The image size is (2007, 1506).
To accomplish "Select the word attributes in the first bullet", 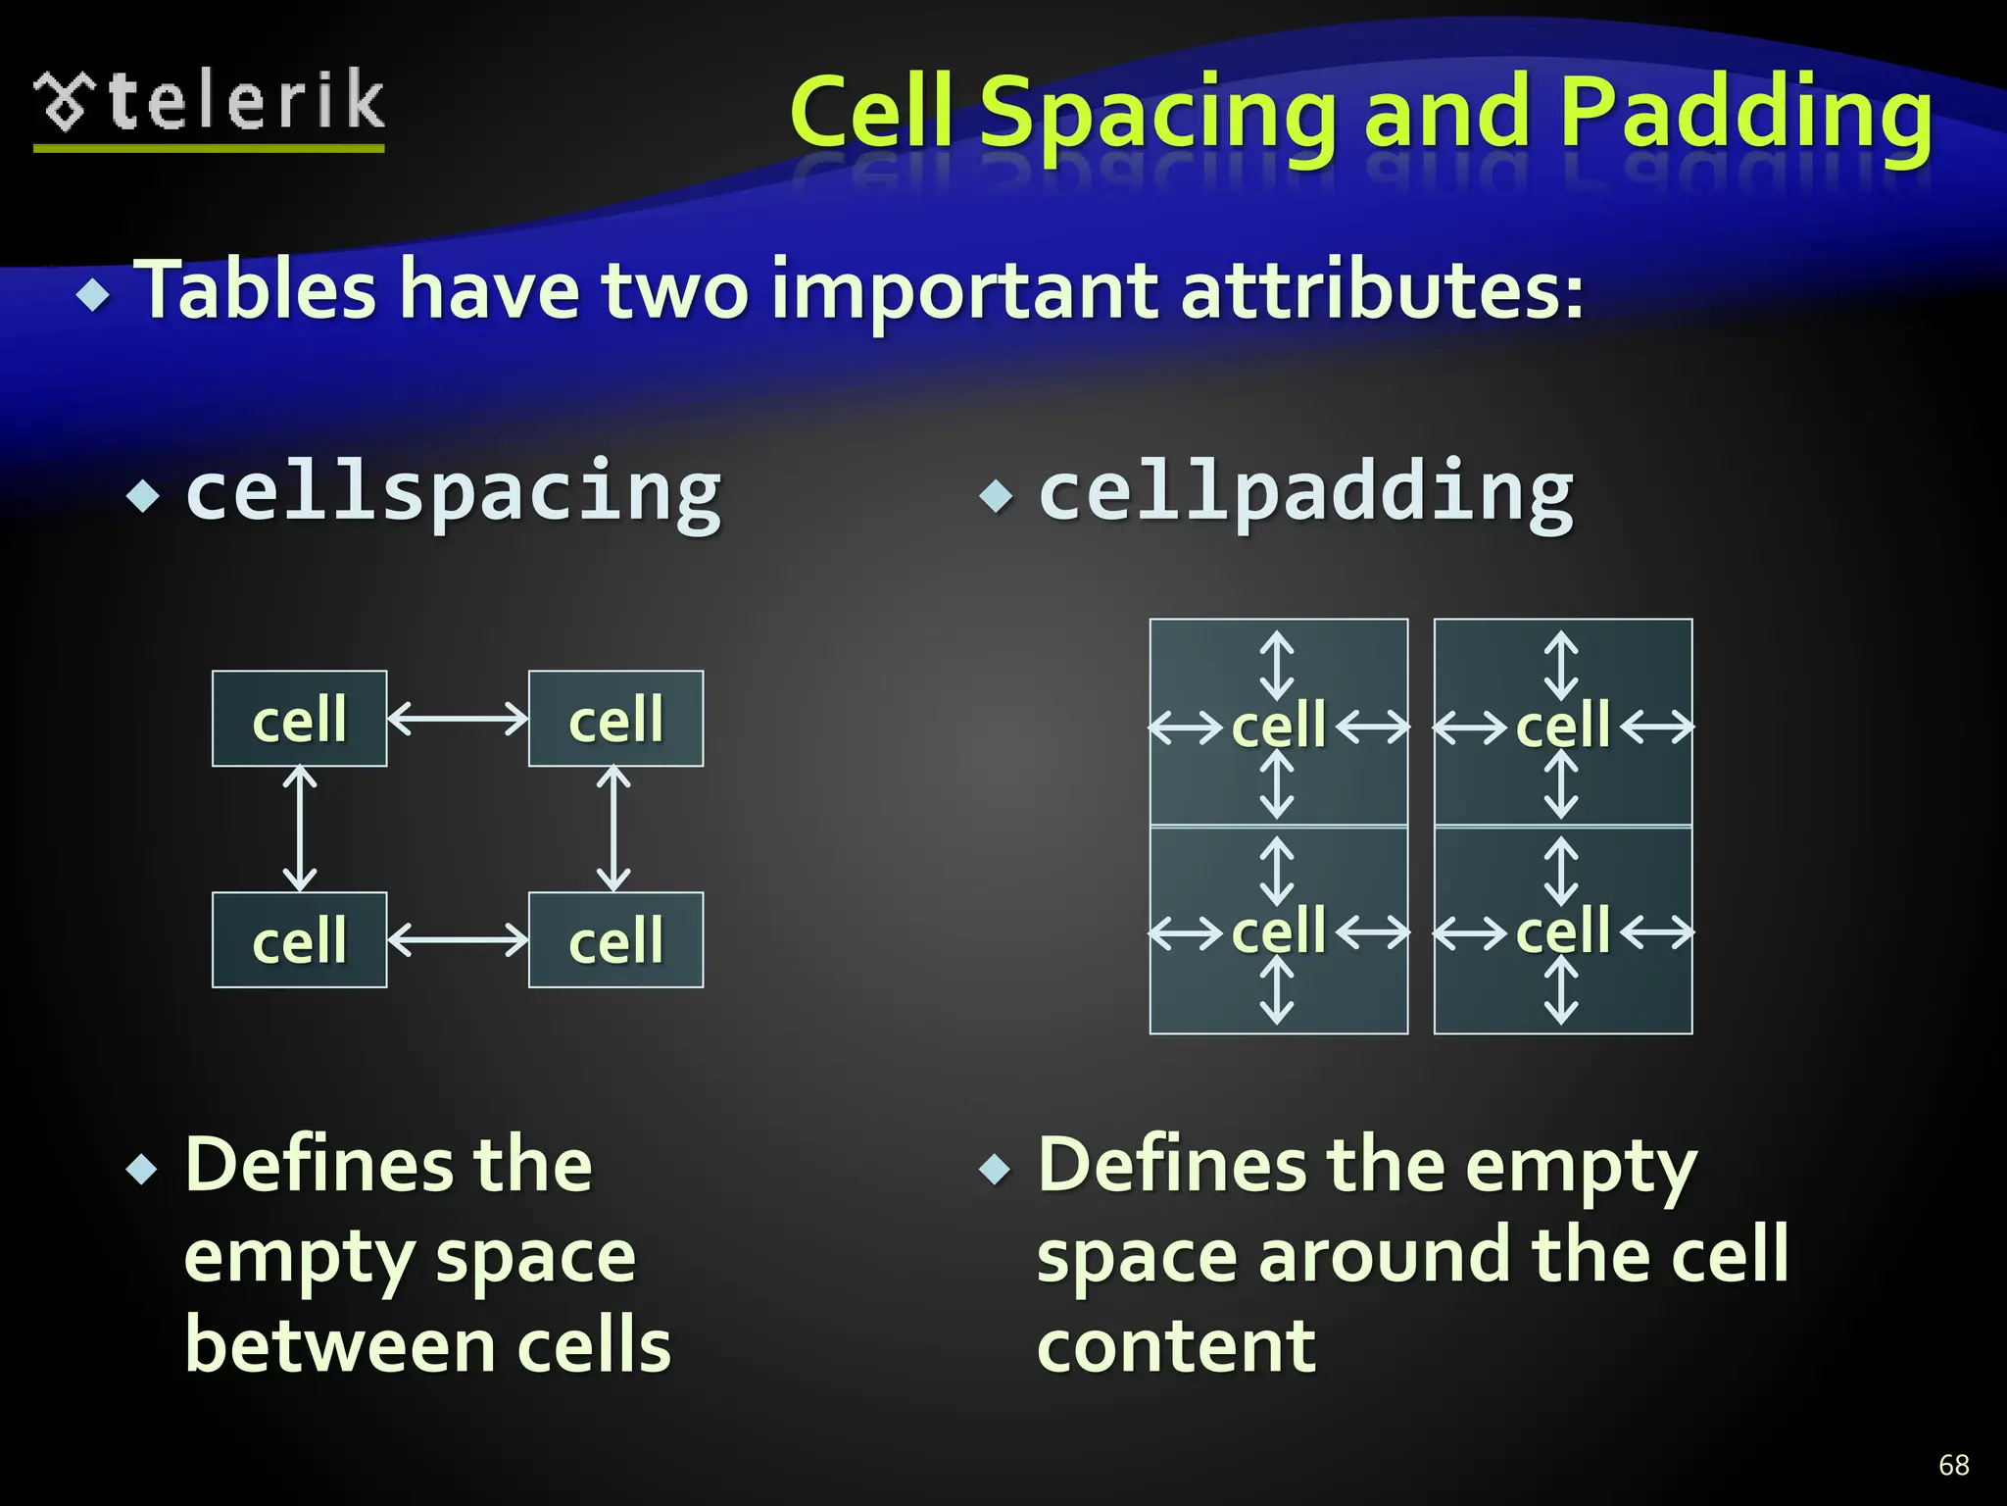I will pos(1382,290).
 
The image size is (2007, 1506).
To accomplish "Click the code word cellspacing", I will pos(453,492).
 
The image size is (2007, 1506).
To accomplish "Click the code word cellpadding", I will pos(1305,492).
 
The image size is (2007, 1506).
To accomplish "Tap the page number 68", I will pos(1953,1465).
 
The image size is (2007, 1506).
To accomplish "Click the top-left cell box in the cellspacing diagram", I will pos(299,719).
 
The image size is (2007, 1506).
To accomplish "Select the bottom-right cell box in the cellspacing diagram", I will pos(615,939).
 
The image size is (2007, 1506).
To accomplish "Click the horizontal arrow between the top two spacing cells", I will pos(458,719).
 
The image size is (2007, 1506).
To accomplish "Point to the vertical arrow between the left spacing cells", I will pos(300,828).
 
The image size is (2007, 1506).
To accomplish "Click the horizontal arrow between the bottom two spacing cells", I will pos(458,939).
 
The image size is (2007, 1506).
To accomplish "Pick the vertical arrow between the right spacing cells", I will pos(613,828).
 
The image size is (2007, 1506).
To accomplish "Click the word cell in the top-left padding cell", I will pos(1278,727).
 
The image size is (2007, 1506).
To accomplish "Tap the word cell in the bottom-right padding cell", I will pos(1562,930).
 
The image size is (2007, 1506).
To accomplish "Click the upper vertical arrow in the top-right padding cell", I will pos(1561,666).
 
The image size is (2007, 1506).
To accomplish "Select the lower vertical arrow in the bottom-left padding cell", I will pos(1277,990).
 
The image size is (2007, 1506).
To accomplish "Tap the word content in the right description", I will pos(1176,1346).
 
